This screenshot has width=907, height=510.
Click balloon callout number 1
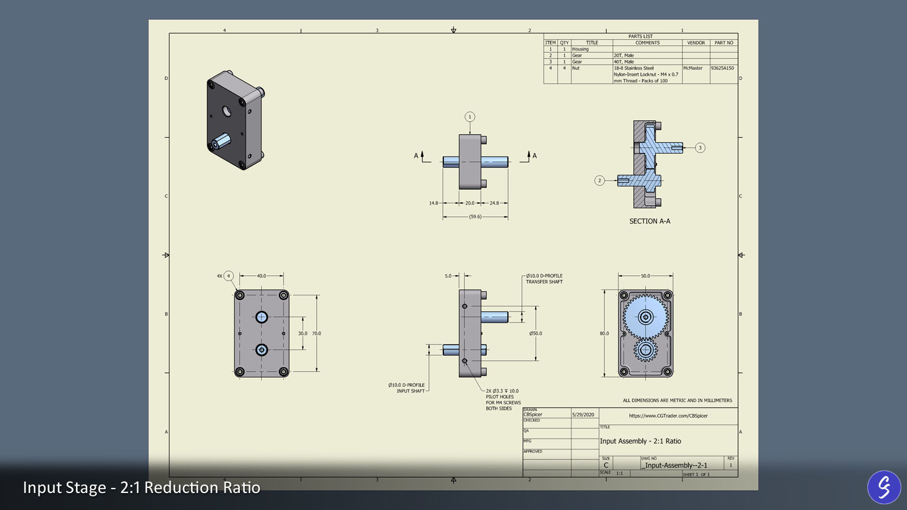click(x=470, y=117)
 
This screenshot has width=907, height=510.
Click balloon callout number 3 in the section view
click(x=700, y=148)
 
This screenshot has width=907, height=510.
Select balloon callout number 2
click(x=600, y=181)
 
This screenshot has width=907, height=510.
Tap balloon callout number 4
click(x=228, y=276)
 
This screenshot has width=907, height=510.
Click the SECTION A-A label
click(x=650, y=222)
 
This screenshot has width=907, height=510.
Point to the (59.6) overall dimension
click(x=475, y=216)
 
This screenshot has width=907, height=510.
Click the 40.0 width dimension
click(x=261, y=276)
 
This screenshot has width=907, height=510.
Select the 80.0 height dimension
click(x=604, y=334)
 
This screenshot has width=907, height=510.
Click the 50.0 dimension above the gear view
click(x=646, y=276)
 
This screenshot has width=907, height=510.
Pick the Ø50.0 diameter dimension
click(x=536, y=334)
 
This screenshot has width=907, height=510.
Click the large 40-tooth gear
click(x=646, y=316)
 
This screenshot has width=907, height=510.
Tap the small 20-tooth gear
click(x=646, y=350)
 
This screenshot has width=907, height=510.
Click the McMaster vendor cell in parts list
click(x=693, y=68)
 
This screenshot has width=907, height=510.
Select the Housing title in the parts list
click(x=580, y=49)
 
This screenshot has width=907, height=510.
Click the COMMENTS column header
click(x=647, y=43)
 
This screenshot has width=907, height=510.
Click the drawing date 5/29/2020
click(x=583, y=415)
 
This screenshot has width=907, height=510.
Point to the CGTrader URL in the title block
click(x=668, y=416)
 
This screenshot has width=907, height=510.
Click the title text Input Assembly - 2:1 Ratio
click(x=641, y=441)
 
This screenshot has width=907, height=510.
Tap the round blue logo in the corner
click(x=884, y=487)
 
